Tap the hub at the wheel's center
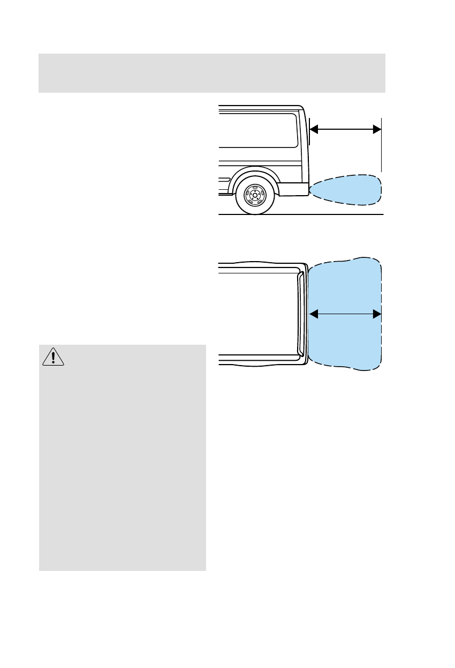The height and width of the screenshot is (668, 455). click(255, 196)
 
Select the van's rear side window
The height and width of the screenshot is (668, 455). click(258, 129)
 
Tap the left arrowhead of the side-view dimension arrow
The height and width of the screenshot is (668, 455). click(314, 129)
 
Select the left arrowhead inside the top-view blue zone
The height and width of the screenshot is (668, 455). click(314, 314)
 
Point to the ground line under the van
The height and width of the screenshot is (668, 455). click(321, 214)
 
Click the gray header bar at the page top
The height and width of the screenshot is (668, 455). click(212, 73)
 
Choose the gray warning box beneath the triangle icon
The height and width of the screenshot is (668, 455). click(123, 466)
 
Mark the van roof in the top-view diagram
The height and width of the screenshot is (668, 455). click(257, 314)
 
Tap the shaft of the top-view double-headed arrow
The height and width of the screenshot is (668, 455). click(345, 314)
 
